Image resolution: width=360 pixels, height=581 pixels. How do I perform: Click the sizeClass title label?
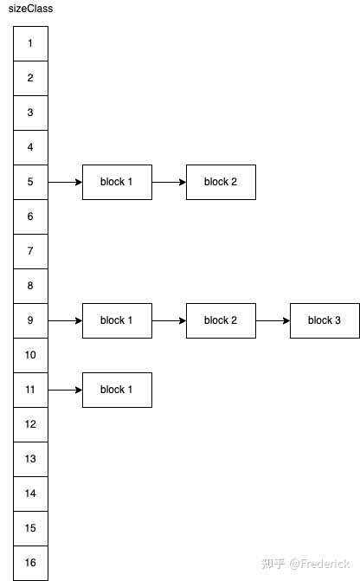[30, 9]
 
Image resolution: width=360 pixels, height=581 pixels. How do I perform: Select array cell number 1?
[30, 43]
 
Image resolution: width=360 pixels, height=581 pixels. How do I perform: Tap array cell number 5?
[30, 182]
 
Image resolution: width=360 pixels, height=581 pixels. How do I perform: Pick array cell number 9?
[30, 320]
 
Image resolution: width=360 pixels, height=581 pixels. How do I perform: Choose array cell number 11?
[30, 390]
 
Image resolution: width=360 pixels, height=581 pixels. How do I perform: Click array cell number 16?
[30, 563]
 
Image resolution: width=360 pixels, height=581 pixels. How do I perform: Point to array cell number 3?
[30, 113]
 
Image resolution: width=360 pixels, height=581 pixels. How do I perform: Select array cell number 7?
[30, 251]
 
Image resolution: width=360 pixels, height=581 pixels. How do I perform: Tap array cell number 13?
[30, 459]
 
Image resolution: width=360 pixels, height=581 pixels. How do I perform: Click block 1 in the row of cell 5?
[117, 182]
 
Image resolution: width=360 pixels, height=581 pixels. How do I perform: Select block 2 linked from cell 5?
[221, 182]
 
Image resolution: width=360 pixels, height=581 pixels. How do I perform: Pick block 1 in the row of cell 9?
[117, 320]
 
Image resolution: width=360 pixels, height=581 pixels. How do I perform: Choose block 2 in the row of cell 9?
[221, 320]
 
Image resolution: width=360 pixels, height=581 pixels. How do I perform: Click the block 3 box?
[325, 320]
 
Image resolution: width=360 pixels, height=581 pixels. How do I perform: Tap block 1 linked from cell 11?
[117, 390]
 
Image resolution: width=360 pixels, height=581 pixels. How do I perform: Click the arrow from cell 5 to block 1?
[65, 183]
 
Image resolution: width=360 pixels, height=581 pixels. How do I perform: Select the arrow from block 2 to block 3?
[273, 321]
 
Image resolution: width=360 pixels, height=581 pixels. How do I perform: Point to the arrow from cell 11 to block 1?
[65, 391]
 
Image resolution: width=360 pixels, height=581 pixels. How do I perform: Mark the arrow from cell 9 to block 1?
[65, 321]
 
